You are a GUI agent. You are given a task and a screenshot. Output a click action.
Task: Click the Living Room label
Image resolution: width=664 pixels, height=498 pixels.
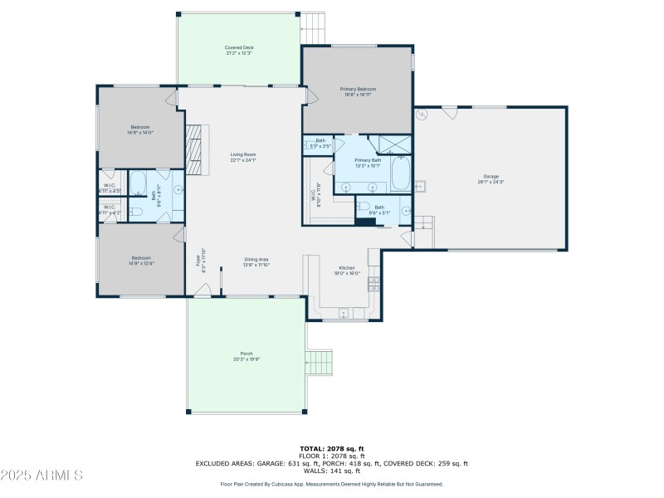[x=243, y=154]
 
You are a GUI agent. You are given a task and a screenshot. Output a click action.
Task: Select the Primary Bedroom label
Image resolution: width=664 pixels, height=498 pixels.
[x=358, y=89]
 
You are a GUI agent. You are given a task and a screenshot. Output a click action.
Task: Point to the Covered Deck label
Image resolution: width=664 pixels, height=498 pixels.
[x=238, y=48]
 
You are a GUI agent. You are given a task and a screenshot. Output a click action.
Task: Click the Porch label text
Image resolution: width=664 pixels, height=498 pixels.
[x=247, y=354]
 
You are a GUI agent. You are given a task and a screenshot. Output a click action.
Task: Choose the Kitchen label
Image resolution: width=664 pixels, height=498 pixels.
[x=347, y=268]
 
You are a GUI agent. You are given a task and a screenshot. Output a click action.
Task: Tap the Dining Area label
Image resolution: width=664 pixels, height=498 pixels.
[x=256, y=260]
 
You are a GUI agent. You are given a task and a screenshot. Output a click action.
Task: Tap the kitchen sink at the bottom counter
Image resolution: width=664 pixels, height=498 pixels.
[x=343, y=313]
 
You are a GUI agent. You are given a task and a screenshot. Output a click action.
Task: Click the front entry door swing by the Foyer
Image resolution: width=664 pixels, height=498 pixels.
[x=202, y=290]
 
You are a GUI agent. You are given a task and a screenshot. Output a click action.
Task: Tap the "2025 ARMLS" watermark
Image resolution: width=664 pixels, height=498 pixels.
[x=41, y=476]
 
